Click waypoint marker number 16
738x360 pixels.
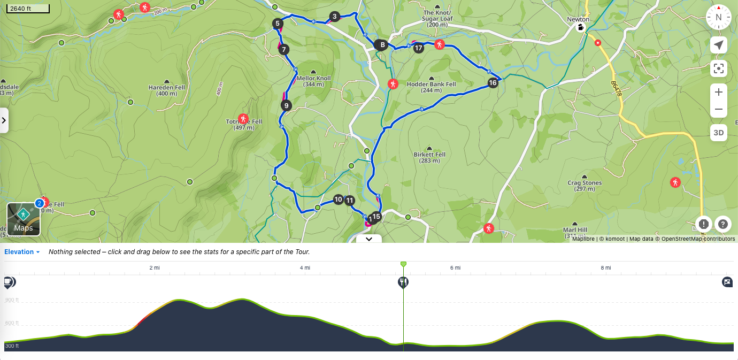(x=493, y=82)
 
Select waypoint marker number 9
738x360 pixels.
(x=287, y=105)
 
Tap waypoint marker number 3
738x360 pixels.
(x=334, y=17)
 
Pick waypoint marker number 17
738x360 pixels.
(x=418, y=48)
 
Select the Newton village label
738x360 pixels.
(x=578, y=19)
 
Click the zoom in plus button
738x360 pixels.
(x=719, y=92)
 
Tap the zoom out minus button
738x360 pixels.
(x=719, y=109)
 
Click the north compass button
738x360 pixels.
(x=719, y=17)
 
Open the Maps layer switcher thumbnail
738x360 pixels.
(x=24, y=219)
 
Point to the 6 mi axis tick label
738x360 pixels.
(x=455, y=267)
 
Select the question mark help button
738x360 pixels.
(x=722, y=224)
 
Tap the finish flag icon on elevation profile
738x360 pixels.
(x=727, y=282)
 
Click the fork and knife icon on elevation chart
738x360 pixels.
(x=403, y=282)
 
